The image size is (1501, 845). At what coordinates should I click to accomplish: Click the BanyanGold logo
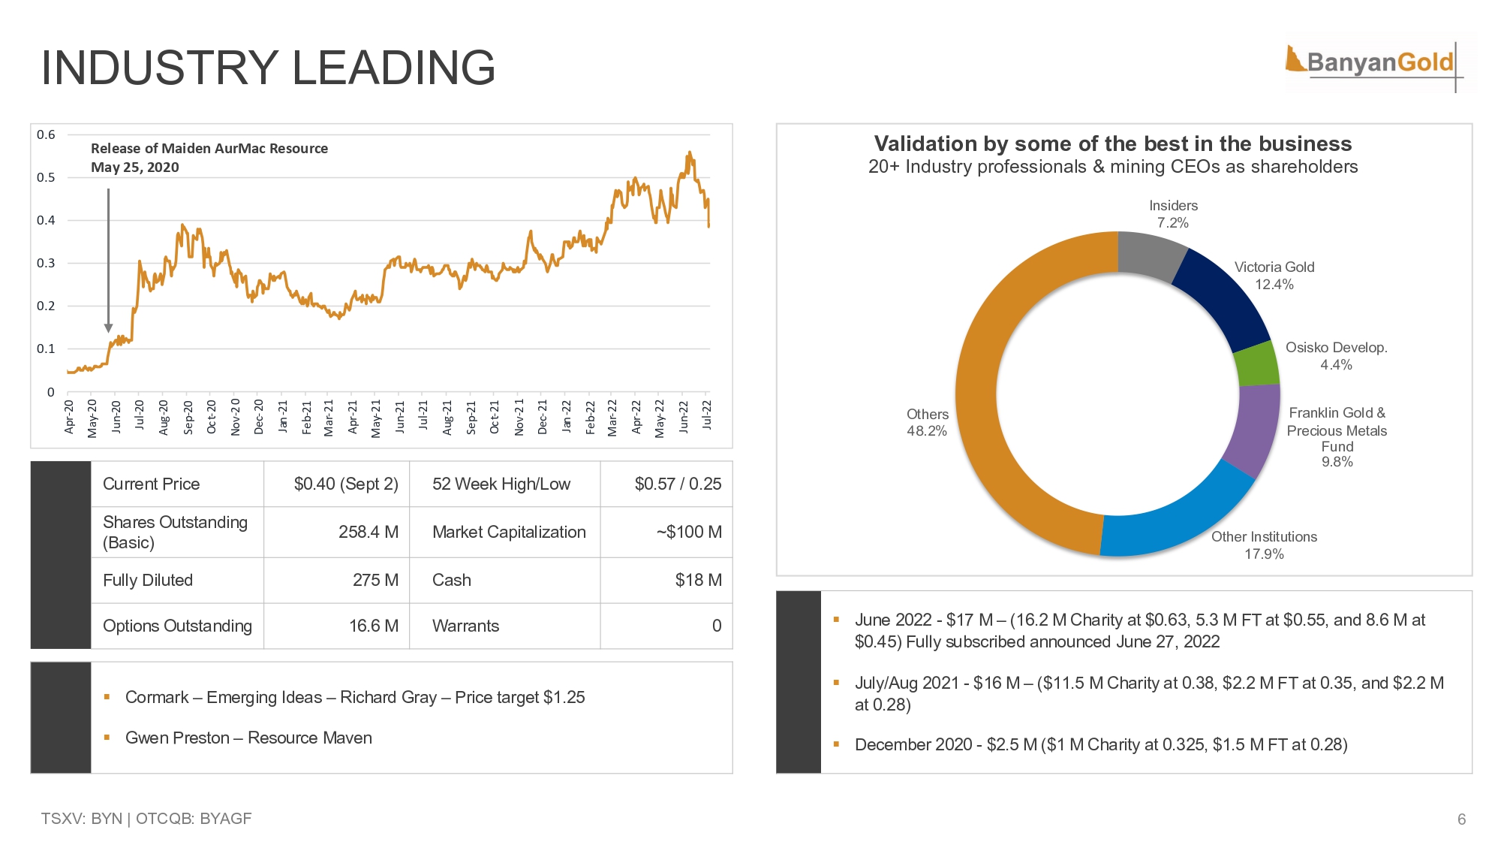[1378, 62]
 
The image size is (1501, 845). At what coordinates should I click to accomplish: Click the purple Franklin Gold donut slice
[1253, 428]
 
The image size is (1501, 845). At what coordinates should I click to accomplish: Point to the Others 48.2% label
[927, 422]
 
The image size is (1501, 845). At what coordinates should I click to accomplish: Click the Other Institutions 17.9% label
[1264, 545]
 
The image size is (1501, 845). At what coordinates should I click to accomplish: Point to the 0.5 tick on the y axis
[47, 178]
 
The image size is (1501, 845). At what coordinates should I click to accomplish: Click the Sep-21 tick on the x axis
[471, 418]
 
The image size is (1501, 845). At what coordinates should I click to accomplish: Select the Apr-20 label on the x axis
[70, 417]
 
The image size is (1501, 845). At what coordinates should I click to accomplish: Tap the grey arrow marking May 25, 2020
[109, 259]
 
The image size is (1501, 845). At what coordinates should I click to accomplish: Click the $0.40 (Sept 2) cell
[346, 484]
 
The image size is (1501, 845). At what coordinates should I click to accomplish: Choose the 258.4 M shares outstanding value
[368, 533]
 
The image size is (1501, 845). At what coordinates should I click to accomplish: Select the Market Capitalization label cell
[509, 533]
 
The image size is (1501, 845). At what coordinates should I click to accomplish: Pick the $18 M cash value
[698, 581]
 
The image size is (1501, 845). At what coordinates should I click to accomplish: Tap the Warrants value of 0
[717, 626]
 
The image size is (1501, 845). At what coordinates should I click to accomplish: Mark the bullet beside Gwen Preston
[107, 738]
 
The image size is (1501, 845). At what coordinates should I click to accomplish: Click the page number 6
[1461, 819]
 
